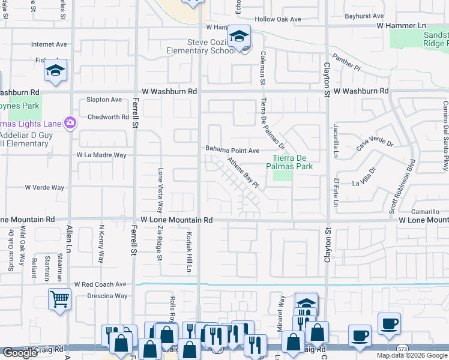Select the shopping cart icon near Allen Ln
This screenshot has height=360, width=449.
coord(60,298)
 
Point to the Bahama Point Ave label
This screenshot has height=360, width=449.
coord(232,150)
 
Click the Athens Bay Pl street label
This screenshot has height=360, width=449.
coord(243,172)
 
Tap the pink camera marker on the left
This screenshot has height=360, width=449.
coord(71,123)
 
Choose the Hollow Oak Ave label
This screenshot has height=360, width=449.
coord(277,19)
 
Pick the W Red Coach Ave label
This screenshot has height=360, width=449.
coord(100,284)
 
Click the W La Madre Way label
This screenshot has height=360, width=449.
coord(101,155)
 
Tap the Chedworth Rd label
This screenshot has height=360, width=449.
coord(108,117)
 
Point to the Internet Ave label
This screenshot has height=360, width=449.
coord(49,44)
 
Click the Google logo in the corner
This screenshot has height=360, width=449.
coord(20,353)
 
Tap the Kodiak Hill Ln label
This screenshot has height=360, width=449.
coord(188,252)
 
